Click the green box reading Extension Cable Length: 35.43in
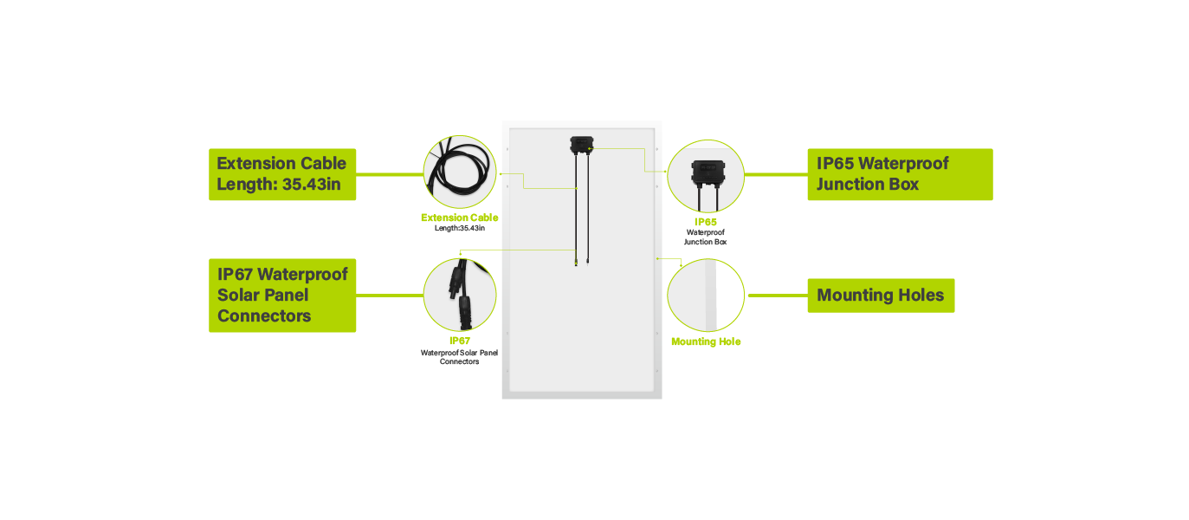click(282, 174)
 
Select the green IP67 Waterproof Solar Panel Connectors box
click(282, 296)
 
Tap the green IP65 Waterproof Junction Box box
click(901, 174)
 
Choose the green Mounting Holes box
click(881, 296)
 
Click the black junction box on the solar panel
click(582, 145)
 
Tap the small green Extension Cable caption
click(460, 218)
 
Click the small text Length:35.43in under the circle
click(460, 228)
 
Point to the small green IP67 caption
click(460, 341)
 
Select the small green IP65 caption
click(706, 222)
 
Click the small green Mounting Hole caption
click(706, 341)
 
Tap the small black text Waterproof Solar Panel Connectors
click(459, 357)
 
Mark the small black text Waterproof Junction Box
click(706, 237)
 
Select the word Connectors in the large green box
click(264, 316)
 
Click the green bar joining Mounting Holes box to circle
click(779, 296)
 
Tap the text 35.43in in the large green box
click(311, 185)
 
